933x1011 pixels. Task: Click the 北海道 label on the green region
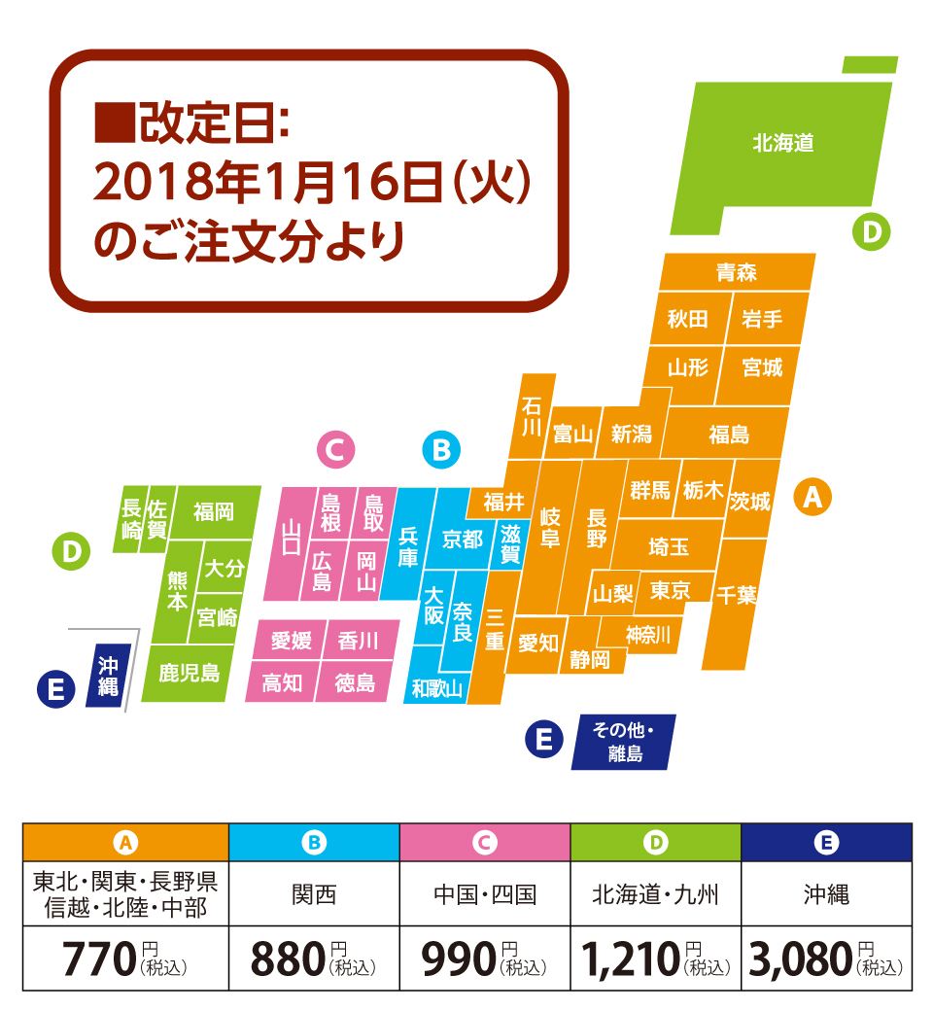782,143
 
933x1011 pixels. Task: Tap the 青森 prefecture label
736,272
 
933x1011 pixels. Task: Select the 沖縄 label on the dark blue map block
108,676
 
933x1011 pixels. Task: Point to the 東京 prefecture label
670,590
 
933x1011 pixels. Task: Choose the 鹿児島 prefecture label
190,672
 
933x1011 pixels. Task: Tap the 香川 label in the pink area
358,641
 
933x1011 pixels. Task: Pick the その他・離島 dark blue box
625,743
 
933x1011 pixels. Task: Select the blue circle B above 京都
441,450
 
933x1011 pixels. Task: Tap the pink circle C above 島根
336,450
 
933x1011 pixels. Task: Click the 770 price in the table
97,959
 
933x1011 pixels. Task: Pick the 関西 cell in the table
314,893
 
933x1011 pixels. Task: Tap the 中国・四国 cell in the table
484,893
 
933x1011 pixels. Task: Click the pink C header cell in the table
484,842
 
